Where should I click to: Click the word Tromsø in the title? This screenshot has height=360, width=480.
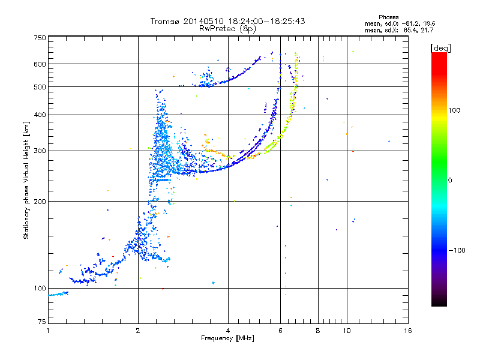coord(166,21)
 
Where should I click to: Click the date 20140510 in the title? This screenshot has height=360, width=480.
coord(203,21)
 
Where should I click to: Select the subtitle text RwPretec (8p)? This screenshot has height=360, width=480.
coord(227,29)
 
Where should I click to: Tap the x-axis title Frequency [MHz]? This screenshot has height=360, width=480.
coord(227,338)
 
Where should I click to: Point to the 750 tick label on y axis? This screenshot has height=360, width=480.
coord(40,38)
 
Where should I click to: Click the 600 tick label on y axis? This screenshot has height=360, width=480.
coord(40,64)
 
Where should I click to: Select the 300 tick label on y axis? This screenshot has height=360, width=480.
coord(40,151)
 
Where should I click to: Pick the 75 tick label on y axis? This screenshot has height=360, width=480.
coord(42,322)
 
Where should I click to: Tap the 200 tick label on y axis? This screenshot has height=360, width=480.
coord(40,202)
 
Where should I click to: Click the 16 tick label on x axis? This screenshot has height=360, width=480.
coord(408,331)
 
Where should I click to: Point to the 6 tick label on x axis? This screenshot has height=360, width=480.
coord(280,331)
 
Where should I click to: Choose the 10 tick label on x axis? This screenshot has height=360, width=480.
coord(347,331)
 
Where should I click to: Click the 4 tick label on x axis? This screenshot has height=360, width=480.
coord(228,331)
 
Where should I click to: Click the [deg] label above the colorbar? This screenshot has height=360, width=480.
coord(440,48)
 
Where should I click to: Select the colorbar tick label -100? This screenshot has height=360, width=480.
coord(457,250)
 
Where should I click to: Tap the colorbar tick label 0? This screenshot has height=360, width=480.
coord(450,181)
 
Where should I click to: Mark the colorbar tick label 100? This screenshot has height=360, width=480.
coord(454,110)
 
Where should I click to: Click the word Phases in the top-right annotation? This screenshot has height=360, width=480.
coord(388,17)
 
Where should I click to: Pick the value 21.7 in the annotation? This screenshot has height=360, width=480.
coord(427,30)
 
